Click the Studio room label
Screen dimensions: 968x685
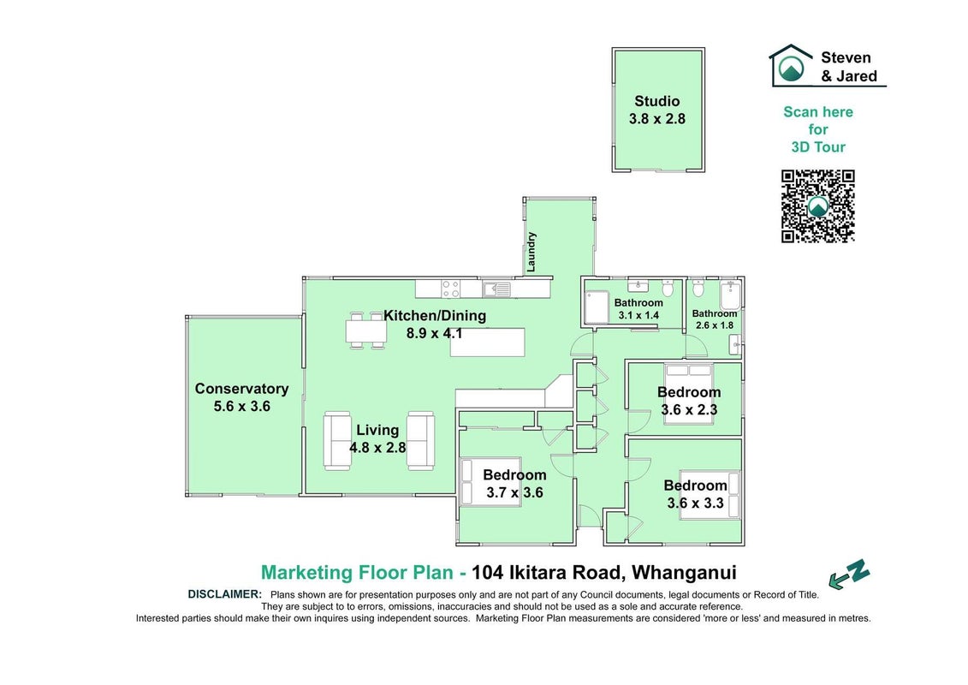pos(656,101)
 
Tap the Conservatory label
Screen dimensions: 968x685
pos(241,389)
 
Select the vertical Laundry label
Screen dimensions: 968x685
pos(531,252)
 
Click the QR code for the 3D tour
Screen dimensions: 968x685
pos(818,206)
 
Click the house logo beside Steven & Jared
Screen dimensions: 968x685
pos(791,64)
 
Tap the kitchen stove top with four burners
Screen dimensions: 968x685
pos(451,289)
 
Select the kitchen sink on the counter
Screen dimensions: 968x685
pos(497,289)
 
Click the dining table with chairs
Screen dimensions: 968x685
pos(366,331)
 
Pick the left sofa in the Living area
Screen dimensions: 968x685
pos(337,441)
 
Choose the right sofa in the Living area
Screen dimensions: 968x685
pos(420,441)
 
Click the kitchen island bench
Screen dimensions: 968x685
pos(488,342)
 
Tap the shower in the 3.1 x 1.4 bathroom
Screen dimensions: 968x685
pos(597,307)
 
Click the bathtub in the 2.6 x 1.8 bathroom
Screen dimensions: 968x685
pos(730,296)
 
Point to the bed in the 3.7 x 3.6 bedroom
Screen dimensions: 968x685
pos(491,482)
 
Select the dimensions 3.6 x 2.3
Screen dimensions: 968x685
pos(689,409)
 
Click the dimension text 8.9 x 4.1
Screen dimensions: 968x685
pos(435,334)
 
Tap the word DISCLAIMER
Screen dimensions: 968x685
pos(225,594)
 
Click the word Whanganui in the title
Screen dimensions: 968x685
pos(685,573)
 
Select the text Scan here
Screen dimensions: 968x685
pos(818,112)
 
